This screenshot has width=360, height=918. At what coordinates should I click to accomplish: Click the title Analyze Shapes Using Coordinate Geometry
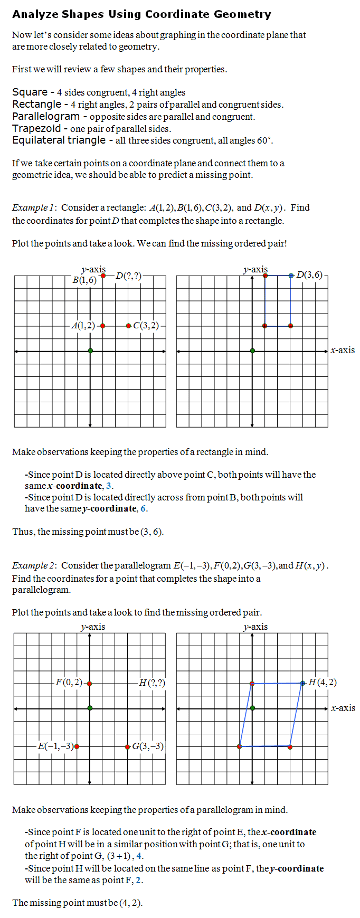(x=141, y=14)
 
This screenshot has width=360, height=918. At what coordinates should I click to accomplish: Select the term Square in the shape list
(x=30, y=92)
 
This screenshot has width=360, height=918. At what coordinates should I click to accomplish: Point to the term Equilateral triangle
(x=59, y=140)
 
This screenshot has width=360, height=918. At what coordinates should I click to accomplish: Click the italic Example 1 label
(x=33, y=207)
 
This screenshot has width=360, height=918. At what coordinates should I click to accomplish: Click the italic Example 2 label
(x=33, y=565)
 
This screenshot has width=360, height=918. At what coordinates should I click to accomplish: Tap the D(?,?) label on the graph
(x=128, y=276)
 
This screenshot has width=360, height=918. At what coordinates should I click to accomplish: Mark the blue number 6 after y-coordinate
(x=143, y=508)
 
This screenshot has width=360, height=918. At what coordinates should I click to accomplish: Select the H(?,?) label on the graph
(x=151, y=683)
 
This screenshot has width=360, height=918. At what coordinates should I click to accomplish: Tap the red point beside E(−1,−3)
(x=77, y=746)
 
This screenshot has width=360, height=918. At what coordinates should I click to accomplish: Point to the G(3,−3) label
(x=148, y=746)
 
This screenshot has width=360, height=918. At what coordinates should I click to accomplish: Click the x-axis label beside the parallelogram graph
(x=343, y=708)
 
